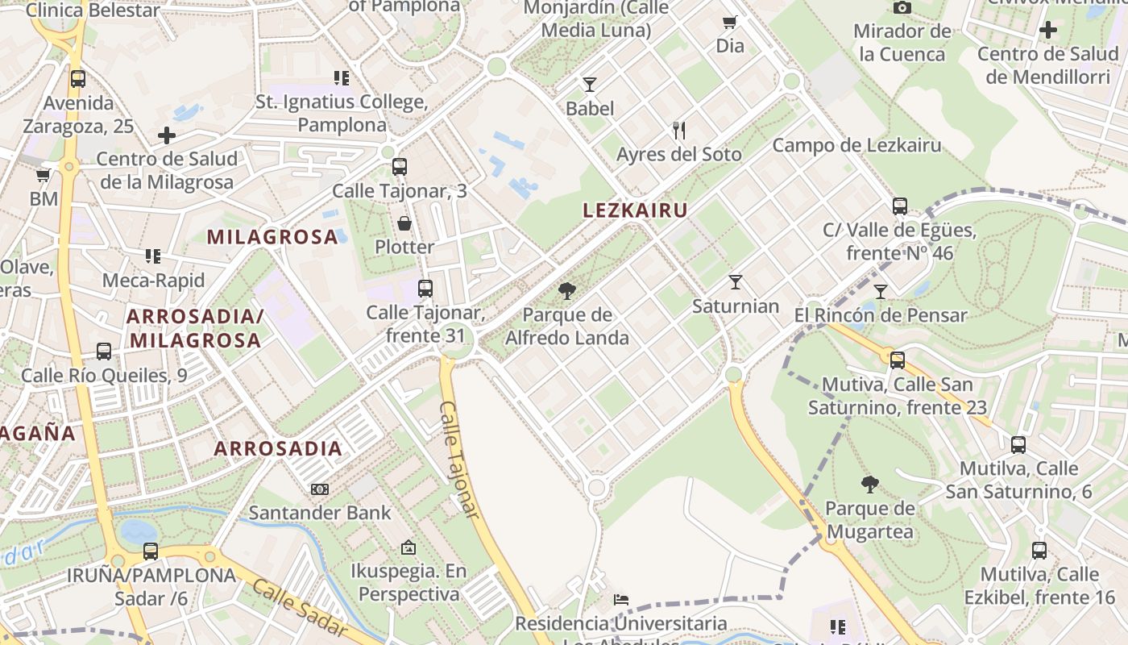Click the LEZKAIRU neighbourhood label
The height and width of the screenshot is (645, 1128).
(x=635, y=210)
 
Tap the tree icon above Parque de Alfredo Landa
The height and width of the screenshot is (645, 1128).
(x=567, y=291)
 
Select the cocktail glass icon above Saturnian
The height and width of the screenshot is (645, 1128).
(x=735, y=281)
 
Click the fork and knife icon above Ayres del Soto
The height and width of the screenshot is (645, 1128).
(x=679, y=130)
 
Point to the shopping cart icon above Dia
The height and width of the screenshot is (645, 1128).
(x=730, y=22)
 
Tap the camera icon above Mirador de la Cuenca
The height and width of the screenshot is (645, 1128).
(x=902, y=7)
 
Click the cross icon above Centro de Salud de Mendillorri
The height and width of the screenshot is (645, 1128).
(x=1047, y=31)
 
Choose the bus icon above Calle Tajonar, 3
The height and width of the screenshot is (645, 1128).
(x=400, y=167)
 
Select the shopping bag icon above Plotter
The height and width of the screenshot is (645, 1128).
(x=404, y=223)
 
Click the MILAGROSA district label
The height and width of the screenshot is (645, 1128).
(x=272, y=237)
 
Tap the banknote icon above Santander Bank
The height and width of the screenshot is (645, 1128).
(x=320, y=489)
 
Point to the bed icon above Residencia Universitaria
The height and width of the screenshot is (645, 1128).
(x=621, y=600)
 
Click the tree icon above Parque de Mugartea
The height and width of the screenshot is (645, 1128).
(x=870, y=484)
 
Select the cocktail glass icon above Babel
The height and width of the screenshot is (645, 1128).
(x=590, y=85)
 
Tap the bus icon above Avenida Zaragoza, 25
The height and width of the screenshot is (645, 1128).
(x=78, y=79)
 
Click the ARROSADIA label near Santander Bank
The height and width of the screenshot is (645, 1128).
(x=278, y=449)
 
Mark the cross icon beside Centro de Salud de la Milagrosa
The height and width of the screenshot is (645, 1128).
(x=167, y=135)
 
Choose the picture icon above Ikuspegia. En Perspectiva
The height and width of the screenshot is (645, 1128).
(x=408, y=547)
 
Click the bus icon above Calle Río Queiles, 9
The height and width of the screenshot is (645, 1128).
(x=104, y=352)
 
